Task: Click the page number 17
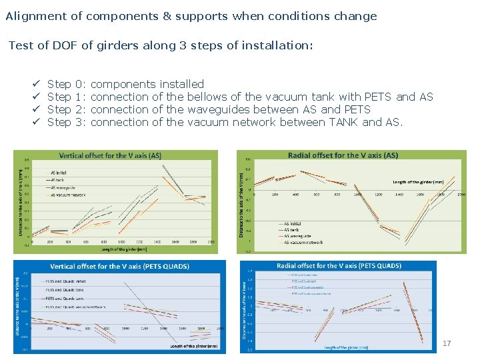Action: [x=447, y=343]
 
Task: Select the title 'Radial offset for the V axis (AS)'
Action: [x=343, y=155]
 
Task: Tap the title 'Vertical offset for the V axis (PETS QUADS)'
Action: [x=119, y=266]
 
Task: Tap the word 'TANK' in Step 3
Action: [x=343, y=123]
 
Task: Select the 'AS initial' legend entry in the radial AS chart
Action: [x=296, y=223]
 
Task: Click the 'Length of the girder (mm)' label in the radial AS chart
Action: [x=418, y=181]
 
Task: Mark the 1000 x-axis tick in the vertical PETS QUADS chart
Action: [x=125, y=329]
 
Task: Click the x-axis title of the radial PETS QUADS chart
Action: [x=346, y=347]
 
